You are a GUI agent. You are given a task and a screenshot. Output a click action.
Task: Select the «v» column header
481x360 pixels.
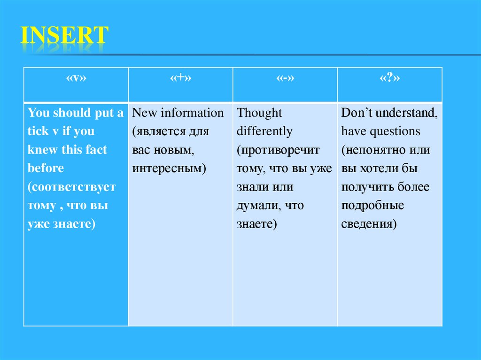pos(75,78)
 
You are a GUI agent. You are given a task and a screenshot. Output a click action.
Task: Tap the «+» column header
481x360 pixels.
pos(180,78)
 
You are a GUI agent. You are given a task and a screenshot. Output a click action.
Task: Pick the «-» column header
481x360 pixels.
pos(285,78)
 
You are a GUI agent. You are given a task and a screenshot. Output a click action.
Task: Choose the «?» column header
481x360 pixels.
pos(389,78)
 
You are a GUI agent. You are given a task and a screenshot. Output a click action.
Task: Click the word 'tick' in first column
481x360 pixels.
pos(38,131)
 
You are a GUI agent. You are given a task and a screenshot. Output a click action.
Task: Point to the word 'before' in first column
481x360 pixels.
pos(46,168)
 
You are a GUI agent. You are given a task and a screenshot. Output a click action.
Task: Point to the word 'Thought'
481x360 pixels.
pos(260,113)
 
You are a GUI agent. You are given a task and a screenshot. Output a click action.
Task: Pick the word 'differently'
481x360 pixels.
pos(264,131)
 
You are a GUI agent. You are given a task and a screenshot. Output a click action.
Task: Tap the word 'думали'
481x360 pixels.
pos(257,205)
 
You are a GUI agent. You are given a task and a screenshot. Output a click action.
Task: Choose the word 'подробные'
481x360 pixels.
pos(373,205)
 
